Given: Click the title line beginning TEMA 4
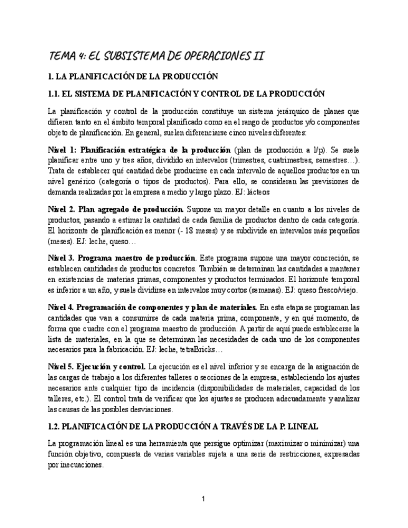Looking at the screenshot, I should [x=156, y=56].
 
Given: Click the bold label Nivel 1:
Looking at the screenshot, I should [x=62, y=151].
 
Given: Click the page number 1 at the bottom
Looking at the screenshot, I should [x=203, y=499].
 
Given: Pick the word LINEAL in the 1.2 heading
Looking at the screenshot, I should [x=301, y=427].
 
